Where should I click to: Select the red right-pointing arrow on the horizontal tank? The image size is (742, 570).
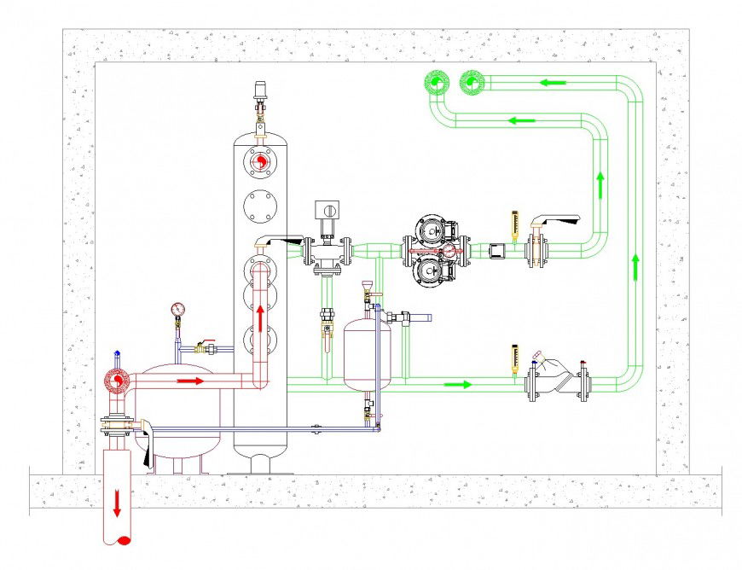(x=191, y=381)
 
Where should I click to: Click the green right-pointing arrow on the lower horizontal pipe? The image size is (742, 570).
(x=457, y=384)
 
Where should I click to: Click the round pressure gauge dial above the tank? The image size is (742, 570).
(x=177, y=308)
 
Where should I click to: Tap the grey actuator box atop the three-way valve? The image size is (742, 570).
(x=327, y=210)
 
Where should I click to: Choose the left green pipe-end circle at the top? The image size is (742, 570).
(x=436, y=83)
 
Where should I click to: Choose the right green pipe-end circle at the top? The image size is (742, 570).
(x=471, y=83)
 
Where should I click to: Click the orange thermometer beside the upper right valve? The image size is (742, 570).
(x=514, y=225)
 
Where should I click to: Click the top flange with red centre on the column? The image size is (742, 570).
(x=261, y=160)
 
